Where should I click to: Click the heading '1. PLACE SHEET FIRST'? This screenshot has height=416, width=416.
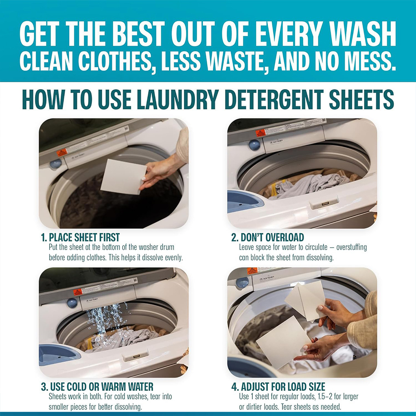click(x=80, y=237)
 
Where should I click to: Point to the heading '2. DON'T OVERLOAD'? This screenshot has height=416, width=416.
click(x=267, y=237)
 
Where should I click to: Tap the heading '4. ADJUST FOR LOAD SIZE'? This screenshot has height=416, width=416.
click(x=278, y=386)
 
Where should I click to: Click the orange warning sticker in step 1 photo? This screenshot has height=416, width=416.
click(x=62, y=153)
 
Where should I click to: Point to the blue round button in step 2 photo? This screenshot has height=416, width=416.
click(x=254, y=145)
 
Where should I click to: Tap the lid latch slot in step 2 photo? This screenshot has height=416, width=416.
click(x=324, y=202)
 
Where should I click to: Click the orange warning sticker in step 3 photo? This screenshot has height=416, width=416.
click(x=77, y=291)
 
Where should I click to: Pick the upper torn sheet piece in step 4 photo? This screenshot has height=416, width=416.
click(x=307, y=299)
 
